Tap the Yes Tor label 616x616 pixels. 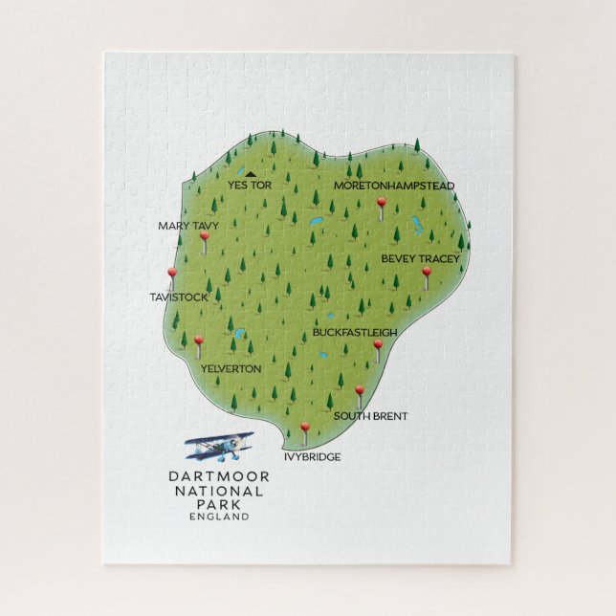[250, 185]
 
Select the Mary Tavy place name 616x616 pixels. [188, 226]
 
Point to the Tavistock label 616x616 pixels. [179, 297]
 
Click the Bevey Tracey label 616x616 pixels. [421, 258]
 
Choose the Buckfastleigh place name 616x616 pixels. [355, 333]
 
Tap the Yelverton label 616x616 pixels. [231, 367]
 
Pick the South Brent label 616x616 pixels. [370, 416]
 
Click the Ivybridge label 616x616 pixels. [312, 457]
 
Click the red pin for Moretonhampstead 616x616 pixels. [382, 203]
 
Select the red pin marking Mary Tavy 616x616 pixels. [204, 236]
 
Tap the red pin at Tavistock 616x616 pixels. [172, 274]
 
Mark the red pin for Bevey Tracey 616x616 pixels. [427, 272]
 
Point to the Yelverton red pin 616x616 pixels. [199, 341]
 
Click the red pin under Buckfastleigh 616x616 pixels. [378, 344]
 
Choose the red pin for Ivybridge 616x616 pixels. [305, 428]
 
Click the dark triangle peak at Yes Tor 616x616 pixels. [250, 174]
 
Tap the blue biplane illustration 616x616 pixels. [219, 445]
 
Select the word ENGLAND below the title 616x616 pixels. [220, 517]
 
